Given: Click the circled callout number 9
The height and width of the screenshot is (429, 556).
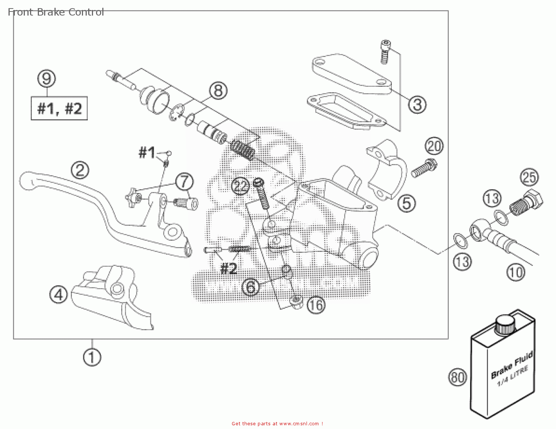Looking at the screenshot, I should tap(47, 79).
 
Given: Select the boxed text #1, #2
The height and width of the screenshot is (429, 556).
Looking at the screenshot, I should tap(59, 109).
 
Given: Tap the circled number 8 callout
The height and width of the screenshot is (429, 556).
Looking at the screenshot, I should tap(218, 90).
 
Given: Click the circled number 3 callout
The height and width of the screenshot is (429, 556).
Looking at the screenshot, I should tap(417, 104).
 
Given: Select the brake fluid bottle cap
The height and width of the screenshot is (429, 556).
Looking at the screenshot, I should tap(506, 325).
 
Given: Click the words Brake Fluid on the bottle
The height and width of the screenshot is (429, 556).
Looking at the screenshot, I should tap(512, 365).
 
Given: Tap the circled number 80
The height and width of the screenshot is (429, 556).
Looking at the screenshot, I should tap(457, 377).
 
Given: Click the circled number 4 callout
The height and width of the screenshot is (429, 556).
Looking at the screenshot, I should tap(59, 295).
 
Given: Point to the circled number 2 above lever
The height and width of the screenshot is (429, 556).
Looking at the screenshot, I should tap(80, 170).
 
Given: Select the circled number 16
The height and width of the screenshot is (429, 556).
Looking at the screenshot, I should tap(316, 305).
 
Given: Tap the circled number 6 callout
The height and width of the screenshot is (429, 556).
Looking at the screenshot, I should tap(251, 287).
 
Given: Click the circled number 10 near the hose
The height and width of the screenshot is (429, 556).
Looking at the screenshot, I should tap(516, 273).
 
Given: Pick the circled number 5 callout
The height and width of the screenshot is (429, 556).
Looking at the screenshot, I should tap(407, 203).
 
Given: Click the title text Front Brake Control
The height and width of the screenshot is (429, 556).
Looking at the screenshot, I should tap(56, 12).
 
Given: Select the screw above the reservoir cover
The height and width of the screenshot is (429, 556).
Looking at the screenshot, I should tap(385, 51).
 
